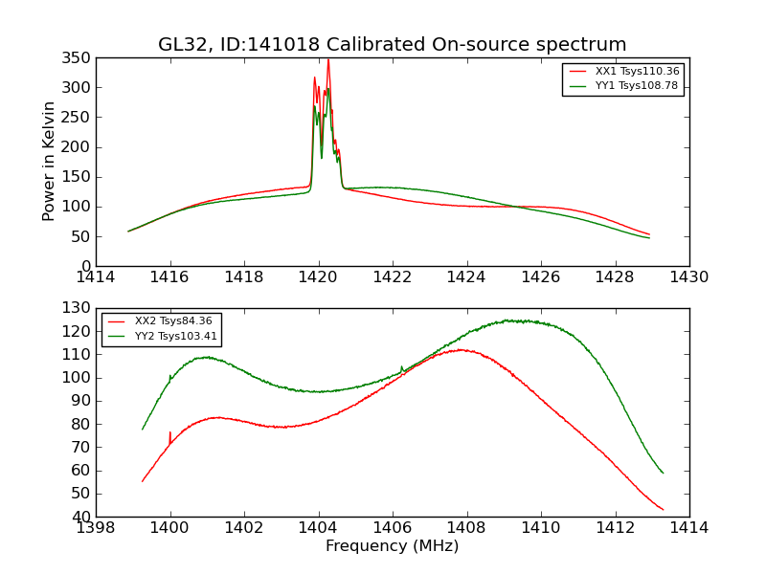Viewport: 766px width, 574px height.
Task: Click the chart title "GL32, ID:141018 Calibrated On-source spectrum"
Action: [393, 45]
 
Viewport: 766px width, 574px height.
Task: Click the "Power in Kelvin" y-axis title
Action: [49, 162]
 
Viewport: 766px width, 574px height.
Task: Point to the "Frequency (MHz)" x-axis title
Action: [393, 546]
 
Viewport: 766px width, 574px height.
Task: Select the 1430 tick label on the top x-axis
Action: [689, 277]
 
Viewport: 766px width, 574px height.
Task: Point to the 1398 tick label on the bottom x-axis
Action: [96, 528]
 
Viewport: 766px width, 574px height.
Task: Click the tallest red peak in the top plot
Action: [328, 61]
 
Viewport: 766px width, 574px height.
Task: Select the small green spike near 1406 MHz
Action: [401, 367]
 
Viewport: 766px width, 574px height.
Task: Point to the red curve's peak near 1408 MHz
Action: [461, 349]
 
